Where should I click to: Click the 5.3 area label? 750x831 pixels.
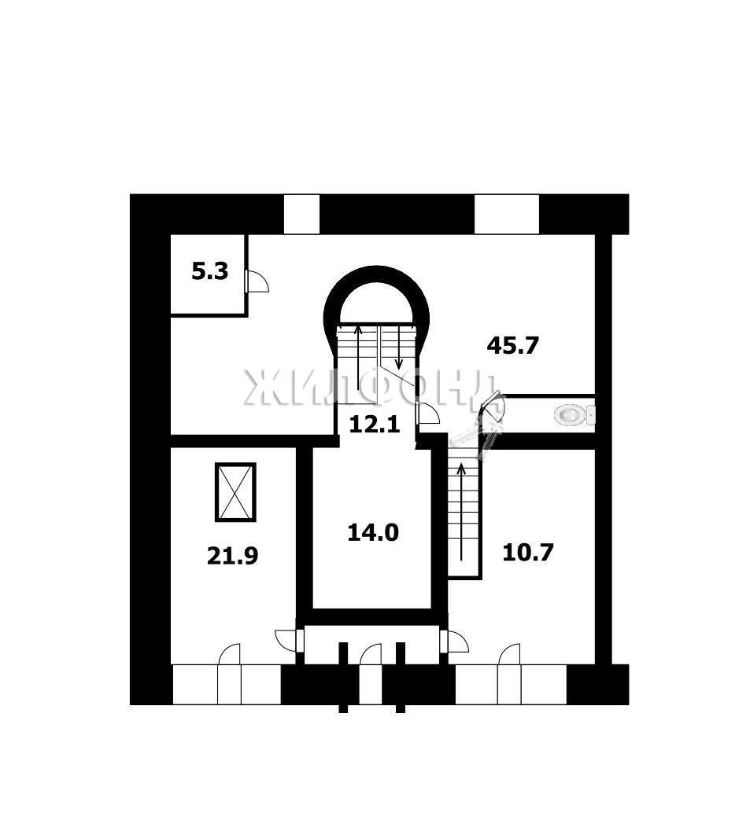click(x=209, y=271)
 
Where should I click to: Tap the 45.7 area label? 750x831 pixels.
click(x=513, y=346)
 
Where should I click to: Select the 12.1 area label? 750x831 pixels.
click(x=375, y=425)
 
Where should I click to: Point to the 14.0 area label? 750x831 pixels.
click(x=373, y=532)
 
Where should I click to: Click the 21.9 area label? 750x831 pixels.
click(x=232, y=556)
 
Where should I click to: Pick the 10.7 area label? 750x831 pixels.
click(x=528, y=552)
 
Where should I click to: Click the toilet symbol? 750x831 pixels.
click(x=574, y=414)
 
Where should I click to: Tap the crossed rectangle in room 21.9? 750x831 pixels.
click(x=235, y=492)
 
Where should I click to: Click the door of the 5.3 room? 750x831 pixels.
click(x=257, y=281)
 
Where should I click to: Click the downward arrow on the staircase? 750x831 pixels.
click(x=399, y=348)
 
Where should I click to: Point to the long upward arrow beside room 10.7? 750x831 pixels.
click(x=461, y=512)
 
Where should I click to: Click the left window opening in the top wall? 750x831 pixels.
click(x=301, y=214)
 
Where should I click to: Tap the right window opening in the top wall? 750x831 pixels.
click(x=507, y=214)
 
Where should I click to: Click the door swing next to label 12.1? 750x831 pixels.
click(x=428, y=413)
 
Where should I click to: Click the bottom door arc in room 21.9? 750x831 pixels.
click(x=230, y=653)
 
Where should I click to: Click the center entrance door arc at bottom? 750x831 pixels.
click(x=370, y=653)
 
